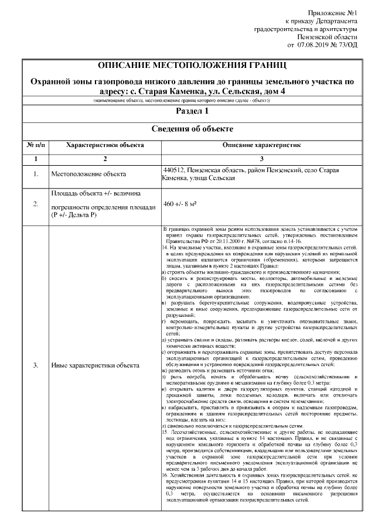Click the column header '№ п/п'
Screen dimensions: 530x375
click(36, 144)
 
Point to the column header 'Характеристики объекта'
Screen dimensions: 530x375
click(105, 144)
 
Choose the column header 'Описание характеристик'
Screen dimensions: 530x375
click(261, 144)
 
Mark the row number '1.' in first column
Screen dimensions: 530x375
click(36, 174)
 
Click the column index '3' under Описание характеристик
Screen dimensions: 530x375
click(261, 159)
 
